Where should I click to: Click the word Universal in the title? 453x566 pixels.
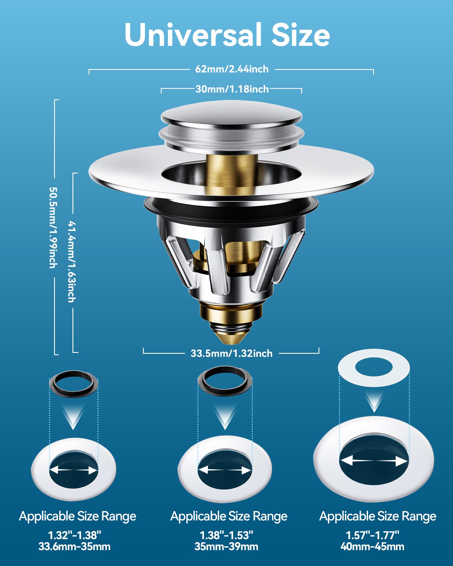tap(193, 34)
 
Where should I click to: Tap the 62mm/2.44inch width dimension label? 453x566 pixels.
tap(232, 69)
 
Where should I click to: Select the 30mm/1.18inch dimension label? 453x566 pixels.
tap(232, 89)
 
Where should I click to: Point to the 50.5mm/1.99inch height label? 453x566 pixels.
tap(53, 227)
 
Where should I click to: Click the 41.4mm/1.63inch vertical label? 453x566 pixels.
tap(72, 261)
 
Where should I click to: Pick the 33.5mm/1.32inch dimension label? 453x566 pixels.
tap(232, 353)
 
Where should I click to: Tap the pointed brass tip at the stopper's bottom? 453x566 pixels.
tap(232, 337)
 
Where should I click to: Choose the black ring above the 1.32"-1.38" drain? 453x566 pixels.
tap(74, 384)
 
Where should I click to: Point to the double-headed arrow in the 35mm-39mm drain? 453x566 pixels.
tap(225, 470)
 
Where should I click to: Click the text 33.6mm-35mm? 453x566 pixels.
tap(74, 546)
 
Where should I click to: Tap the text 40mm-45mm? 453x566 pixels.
tap(372, 546)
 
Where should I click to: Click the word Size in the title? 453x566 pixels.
tap(301, 35)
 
